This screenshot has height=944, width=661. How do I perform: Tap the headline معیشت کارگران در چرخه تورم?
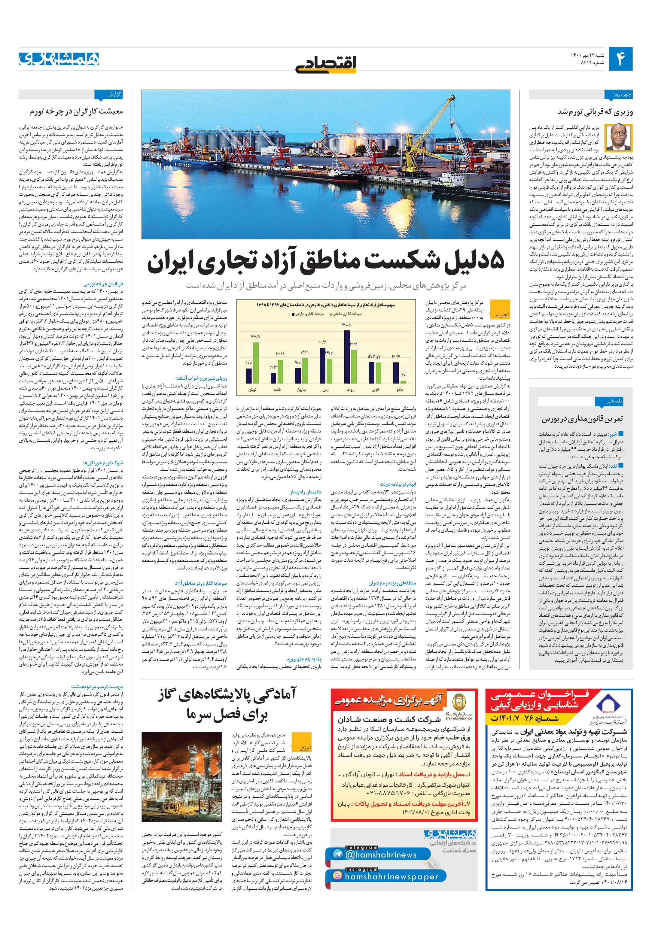click(76, 111)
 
